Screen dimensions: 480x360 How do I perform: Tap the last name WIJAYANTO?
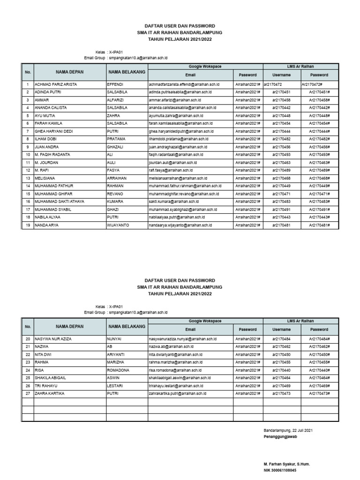point(119,225)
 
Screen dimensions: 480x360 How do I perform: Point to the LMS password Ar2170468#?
point(319,178)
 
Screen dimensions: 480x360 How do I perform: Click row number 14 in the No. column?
point(28,186)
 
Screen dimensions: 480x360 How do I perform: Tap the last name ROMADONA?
point(120,370)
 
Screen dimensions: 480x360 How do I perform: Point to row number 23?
point(28,362)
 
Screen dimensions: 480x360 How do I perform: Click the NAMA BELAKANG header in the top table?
point(127,72)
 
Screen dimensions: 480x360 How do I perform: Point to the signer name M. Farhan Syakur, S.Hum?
point(287,464)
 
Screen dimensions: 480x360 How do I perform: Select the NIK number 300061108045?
point(280,470)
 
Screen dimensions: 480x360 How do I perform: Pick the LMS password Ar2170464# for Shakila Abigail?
point(319,378)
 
